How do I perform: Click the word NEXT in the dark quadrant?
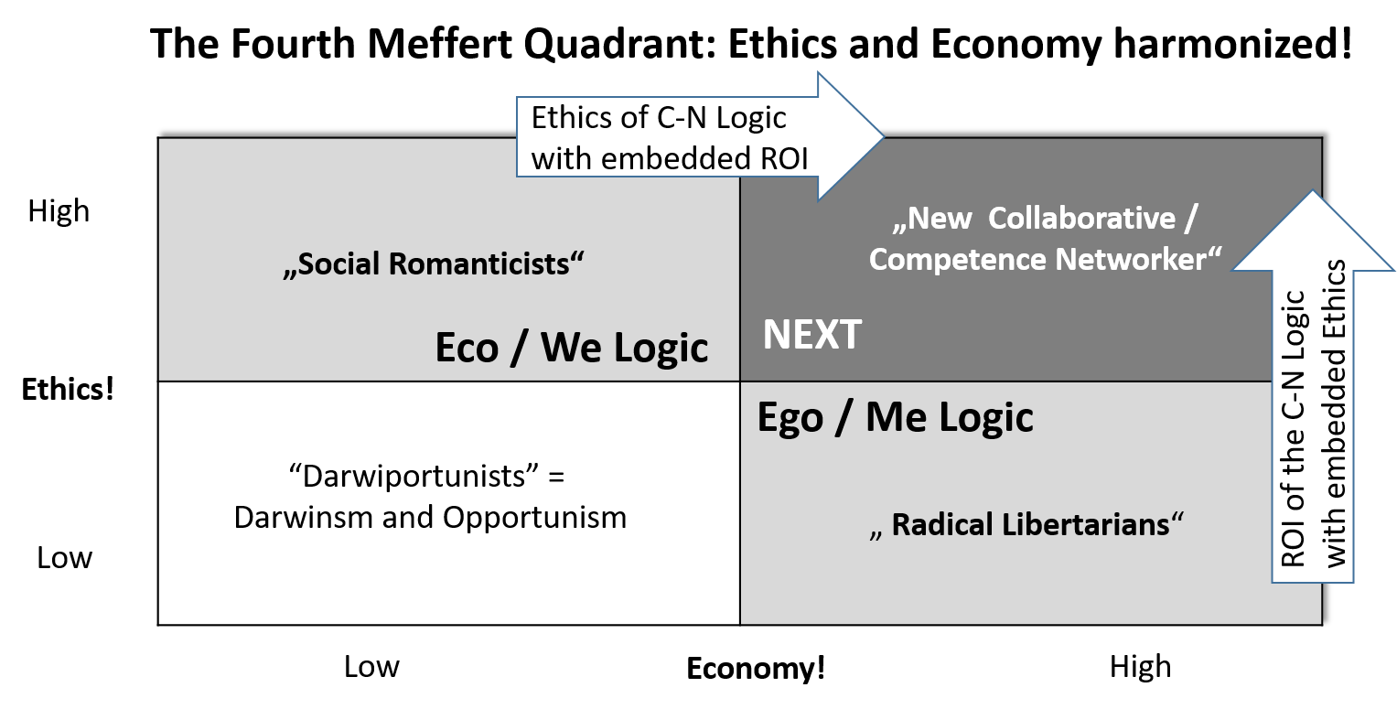click(x=811, y=336)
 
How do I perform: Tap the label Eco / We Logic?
click(x=571, y=348)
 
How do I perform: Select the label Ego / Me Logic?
click(x=895, y=417)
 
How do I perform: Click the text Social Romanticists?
click(x=434, y=263)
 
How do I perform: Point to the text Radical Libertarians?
click(x=1029, y=524)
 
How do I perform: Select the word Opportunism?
click(x=535, y=517)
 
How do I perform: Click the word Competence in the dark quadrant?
click(x=958, y=259)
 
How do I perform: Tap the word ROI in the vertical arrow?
click(x=1293, y=540)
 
